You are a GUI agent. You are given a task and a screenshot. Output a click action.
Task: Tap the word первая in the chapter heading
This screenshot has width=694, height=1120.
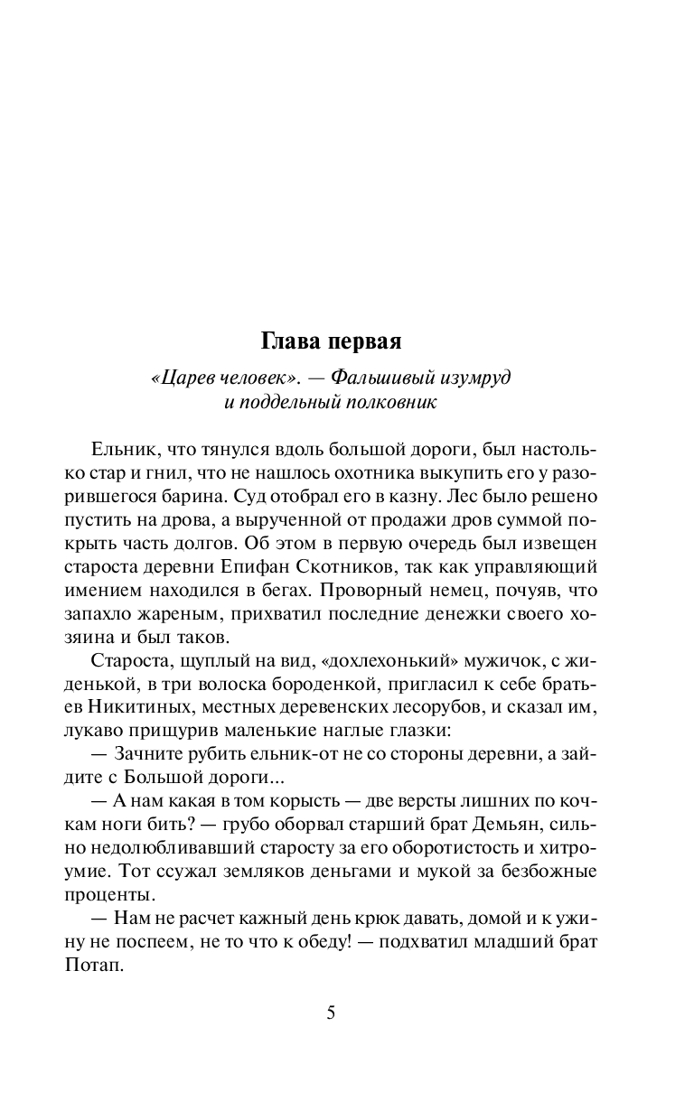[x=364, y=342]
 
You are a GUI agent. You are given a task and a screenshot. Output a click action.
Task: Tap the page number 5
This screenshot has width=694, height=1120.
[x=331, y=1012]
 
